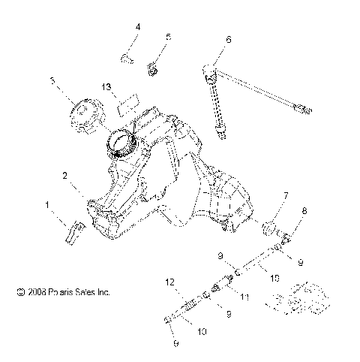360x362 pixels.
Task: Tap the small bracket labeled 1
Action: coord(73,231)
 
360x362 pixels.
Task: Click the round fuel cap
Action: coord(82,116)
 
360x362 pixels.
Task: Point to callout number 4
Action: coord(137,28)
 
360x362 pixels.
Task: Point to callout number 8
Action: coord(304,213)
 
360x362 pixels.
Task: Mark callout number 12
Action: coord(170,282)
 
